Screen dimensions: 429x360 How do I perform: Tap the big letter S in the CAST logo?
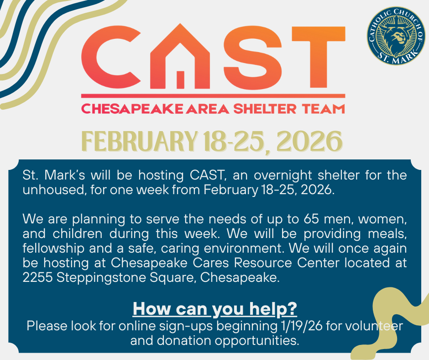pos(252,58)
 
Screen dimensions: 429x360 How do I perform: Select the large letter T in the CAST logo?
pos(319,57)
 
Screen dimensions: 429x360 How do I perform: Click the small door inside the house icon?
pos(180,79)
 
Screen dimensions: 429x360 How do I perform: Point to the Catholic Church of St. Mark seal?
pos(396,36)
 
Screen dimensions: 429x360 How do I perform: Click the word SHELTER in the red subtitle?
pos(265,109)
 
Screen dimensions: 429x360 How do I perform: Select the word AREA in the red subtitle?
pos(207,109)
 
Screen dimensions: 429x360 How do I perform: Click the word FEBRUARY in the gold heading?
pos(140,141)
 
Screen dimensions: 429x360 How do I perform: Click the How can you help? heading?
pos(215,309)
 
